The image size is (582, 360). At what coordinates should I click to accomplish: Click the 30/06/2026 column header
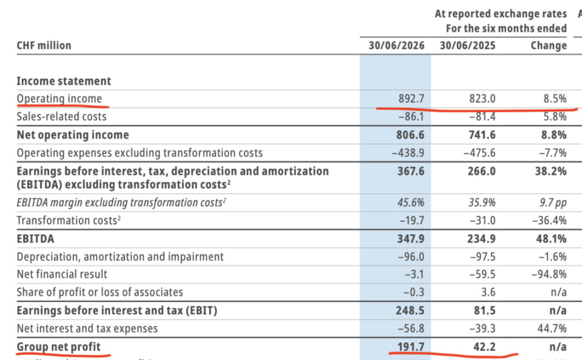tap(396, 45)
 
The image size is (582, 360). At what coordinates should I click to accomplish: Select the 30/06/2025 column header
tap(468, 45)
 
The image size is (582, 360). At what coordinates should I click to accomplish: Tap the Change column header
tap(548, 45)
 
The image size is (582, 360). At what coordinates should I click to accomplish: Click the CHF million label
tap(44, 45)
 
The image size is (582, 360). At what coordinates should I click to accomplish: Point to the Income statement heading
tap(64, 81)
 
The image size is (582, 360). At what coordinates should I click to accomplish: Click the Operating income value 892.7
tap(411, 98)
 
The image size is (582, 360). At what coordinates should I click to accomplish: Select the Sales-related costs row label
tap(61, 117)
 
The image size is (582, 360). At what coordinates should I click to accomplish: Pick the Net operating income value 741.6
tap(481, 134)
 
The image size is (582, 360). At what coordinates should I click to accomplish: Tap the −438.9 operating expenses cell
tap(408, 152)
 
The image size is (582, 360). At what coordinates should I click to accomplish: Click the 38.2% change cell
tap(551, 171)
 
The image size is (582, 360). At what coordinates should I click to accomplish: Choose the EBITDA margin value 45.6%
tap(411, 202)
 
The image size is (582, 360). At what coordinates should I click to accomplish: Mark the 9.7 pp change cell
tap(553, 203)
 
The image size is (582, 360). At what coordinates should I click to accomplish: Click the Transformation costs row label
tap(69, 220)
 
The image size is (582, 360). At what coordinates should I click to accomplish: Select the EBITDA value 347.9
tap(410, 238)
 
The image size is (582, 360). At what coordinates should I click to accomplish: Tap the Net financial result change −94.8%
tap(549, 274)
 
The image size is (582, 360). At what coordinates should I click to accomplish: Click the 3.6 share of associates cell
tap(488, 292)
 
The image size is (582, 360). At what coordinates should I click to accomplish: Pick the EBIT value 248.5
tap(410, 310)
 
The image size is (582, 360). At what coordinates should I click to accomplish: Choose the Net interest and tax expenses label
tap(87, 328)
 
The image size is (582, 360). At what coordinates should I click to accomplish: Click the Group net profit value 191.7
tap(410, 346)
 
